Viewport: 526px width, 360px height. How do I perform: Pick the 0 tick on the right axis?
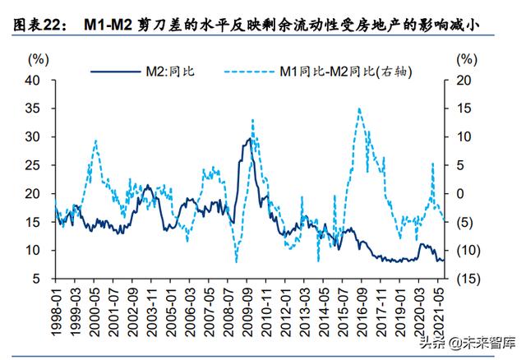click(464, 194)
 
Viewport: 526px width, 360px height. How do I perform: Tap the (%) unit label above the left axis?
click(38, 59)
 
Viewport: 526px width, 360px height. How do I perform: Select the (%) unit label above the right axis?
click(466, 59)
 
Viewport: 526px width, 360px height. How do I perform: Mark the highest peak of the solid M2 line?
click(247, 139)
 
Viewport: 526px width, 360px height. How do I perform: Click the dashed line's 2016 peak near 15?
click(359, 108)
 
